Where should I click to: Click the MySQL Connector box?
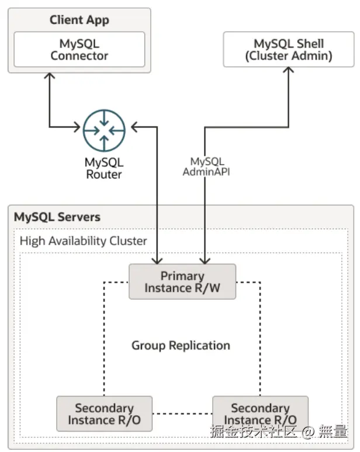pyautogui.click(x=79, y=49)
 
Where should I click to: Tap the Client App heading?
pyautogui.click(x=79, y=20)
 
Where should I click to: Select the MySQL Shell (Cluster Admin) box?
pyautogui.click(x=289, y=49)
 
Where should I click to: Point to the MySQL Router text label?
pyautogui.click(x=104, y=168)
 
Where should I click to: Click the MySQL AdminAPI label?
pyautogui.click(x=207, y=167)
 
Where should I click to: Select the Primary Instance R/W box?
pyautogui.click(x=182, y=282)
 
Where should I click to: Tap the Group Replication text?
pyautogui.click(x=181, y=345)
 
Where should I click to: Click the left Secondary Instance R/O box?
pyautogui.click(x=104, y=414)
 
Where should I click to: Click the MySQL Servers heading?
pyautogui.click(x=57, y=217)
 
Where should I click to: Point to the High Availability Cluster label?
pyautogui.click(x=84, y=240)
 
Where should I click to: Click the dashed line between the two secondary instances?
pyautogui.click(x=182, y=415)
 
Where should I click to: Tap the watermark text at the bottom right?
pyautogui.click(x=279, y=433)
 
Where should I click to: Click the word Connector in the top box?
pyautogui.click(x=79, y=56)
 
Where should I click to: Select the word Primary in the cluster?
pyautogui.click(x=182, y=275)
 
